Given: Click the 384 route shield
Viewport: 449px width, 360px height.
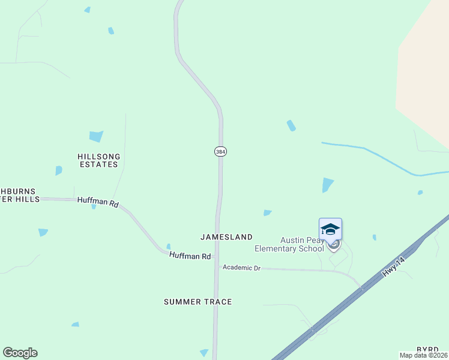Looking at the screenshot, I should [220, 152].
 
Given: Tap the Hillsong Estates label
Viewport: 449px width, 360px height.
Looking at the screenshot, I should [99, 160].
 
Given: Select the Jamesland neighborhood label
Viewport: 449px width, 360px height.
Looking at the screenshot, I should [226, 237].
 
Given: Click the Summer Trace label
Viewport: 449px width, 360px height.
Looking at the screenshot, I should [197, 302].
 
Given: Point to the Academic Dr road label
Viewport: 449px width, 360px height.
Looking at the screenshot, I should [241, 268].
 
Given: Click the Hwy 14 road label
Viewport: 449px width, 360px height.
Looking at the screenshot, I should [394, 265].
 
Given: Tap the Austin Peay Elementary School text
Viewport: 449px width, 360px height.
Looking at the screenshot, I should [289, 244].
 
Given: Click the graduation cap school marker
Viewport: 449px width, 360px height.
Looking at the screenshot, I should [330, 230].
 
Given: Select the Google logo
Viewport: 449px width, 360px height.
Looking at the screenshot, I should [20, 353].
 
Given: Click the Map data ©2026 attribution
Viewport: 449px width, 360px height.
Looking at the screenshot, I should [424, 355].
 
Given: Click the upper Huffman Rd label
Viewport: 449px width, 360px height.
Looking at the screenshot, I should [98, 202].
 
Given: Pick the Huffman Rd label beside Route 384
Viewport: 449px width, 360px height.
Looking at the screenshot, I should [190, 256].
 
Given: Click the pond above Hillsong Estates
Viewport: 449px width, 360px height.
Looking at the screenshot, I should [96, 136].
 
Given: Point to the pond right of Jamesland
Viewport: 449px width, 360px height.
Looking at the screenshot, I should [267, 212].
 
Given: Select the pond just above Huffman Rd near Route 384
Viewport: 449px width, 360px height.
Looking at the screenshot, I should [168, 246].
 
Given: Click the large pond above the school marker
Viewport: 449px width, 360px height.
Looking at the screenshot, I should [327, 185].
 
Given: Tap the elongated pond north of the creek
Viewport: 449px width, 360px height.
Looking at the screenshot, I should [291, 125].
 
